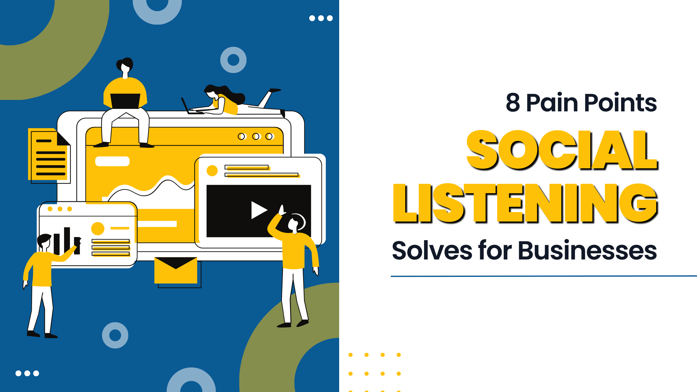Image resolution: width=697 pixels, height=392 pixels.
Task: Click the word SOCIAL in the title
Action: [x=562, y=150]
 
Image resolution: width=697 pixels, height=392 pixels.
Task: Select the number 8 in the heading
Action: [x=513, y=103]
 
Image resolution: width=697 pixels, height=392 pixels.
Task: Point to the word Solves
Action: [x=432, y=251]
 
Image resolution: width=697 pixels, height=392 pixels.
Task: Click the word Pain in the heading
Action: [x=552, y=103]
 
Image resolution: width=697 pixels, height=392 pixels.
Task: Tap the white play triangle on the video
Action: [x=258, y=210]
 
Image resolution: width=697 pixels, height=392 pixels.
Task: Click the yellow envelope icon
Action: [x=176, y=270]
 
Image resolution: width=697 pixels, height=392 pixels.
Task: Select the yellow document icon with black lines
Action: [x=49, y=155]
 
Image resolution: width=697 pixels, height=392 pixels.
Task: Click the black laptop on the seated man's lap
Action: [x=125, y=101]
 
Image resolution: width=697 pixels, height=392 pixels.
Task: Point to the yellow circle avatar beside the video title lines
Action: [x=212, y=170]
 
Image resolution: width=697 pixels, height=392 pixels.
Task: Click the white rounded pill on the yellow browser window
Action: [x=112, y=161]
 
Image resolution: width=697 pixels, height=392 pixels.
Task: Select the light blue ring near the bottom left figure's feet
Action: [x=115, y=335]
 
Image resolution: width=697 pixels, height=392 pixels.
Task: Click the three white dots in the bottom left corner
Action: [x=27, y=373]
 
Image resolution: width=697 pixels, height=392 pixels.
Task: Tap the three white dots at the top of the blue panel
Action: [x=321, y=18]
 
